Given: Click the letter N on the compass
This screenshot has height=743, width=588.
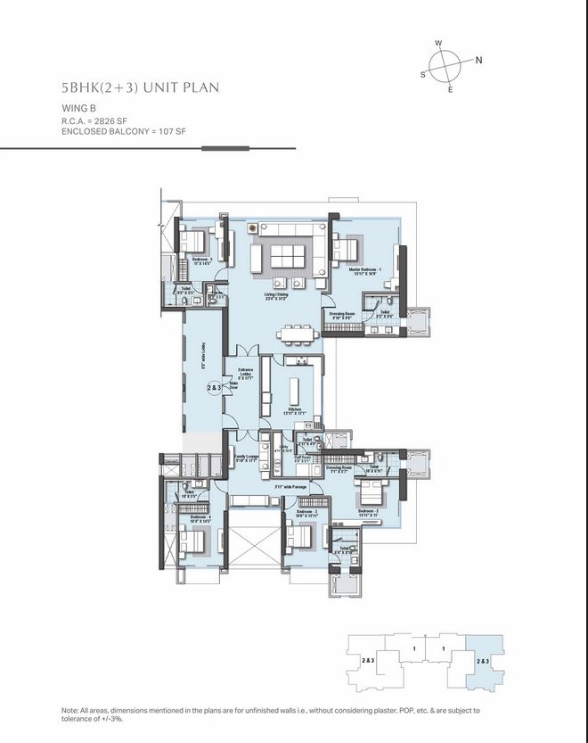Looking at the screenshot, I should pyautogui.click(x=478, y=61).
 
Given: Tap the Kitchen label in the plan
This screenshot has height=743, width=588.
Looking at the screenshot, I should pyautogui.click(x=296, y=409).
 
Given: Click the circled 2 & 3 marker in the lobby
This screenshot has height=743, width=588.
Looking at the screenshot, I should pyautogui.click(x=214, y=389).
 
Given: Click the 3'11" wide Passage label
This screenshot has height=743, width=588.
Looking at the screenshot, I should pyautogui.click(x=290, y=487).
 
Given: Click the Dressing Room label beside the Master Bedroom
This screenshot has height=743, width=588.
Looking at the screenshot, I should pyautogui.click(x=344, y=315).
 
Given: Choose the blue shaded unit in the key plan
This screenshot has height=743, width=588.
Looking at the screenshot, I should pyautogui.click(x=486, y=662).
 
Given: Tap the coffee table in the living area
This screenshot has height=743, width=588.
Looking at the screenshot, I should pyautogui.click(x=286, y=257).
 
